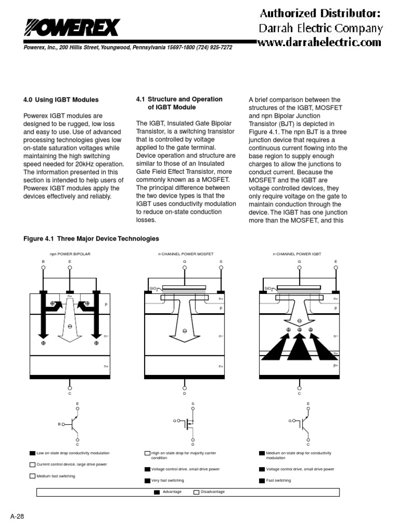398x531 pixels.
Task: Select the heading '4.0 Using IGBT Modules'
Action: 61,100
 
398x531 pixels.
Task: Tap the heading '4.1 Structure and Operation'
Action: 179,99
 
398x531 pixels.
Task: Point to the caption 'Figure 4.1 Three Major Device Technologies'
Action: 91,239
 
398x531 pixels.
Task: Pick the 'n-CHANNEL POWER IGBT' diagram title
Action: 297,255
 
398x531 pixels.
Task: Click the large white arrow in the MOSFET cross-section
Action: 185,327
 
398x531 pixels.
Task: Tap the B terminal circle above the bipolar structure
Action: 43,268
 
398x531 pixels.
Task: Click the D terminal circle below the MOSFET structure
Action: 184,386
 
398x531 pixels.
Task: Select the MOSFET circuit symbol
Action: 188,424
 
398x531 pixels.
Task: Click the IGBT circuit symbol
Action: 303,424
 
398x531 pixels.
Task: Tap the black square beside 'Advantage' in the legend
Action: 157,492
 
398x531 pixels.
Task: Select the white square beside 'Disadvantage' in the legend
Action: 196,492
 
